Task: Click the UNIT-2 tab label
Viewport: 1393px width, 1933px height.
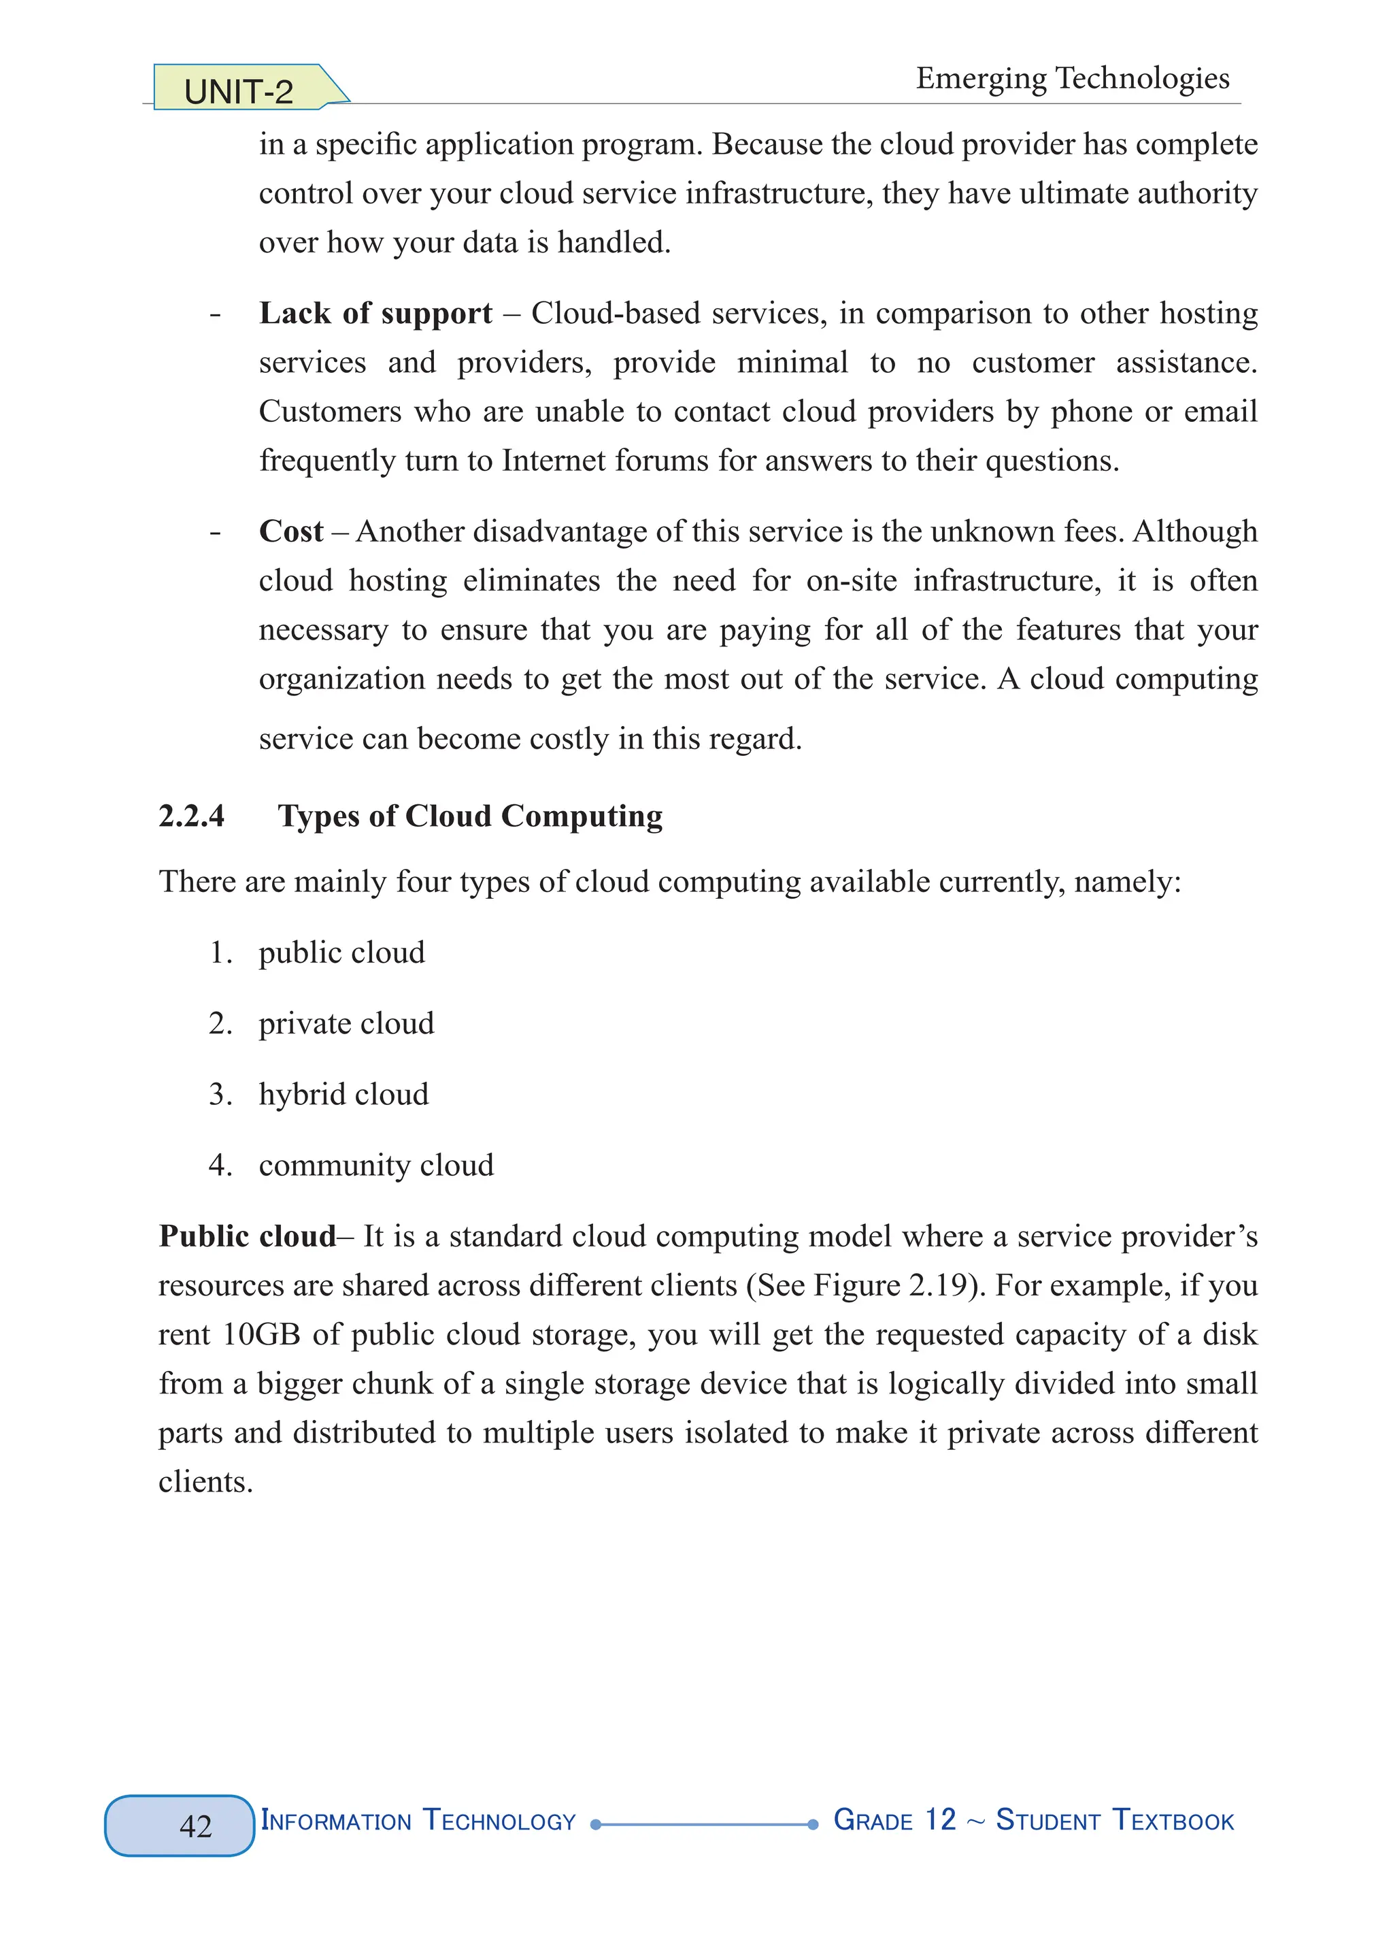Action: pos(239,91)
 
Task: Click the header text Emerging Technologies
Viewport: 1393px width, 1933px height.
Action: pos(1072,78)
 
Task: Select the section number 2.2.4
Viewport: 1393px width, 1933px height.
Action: pos(192,816)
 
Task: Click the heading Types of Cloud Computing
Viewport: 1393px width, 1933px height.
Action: pos(469,816)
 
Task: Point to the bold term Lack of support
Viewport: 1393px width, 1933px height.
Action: pos(375,313)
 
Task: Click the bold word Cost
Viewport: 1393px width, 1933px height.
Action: pos(290,531)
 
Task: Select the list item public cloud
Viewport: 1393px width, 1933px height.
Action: pos(341,952)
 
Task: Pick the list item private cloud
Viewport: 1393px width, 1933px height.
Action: pos(346,1023)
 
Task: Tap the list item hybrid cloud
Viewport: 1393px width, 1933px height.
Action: pos(343,1093)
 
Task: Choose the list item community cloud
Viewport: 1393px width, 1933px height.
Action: pos(375,1164)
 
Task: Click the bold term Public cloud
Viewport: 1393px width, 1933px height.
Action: pos(247,1236)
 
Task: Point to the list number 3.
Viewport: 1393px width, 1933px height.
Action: pos(219,1093)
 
